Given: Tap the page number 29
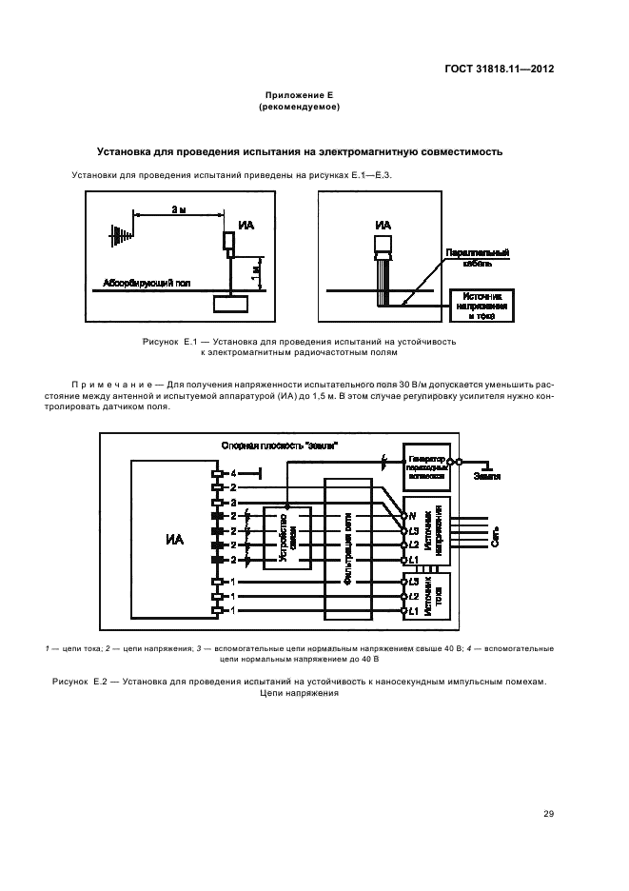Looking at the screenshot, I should [x=548, y=812].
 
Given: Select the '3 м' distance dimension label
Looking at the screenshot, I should [x=178, y=208].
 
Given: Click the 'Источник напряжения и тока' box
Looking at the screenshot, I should [x=483, y=307].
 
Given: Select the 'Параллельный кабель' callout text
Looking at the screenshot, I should [x=477, y=258].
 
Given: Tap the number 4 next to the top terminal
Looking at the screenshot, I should [x=232, y=473].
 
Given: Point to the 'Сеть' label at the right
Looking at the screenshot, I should [x=493, y=540].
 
